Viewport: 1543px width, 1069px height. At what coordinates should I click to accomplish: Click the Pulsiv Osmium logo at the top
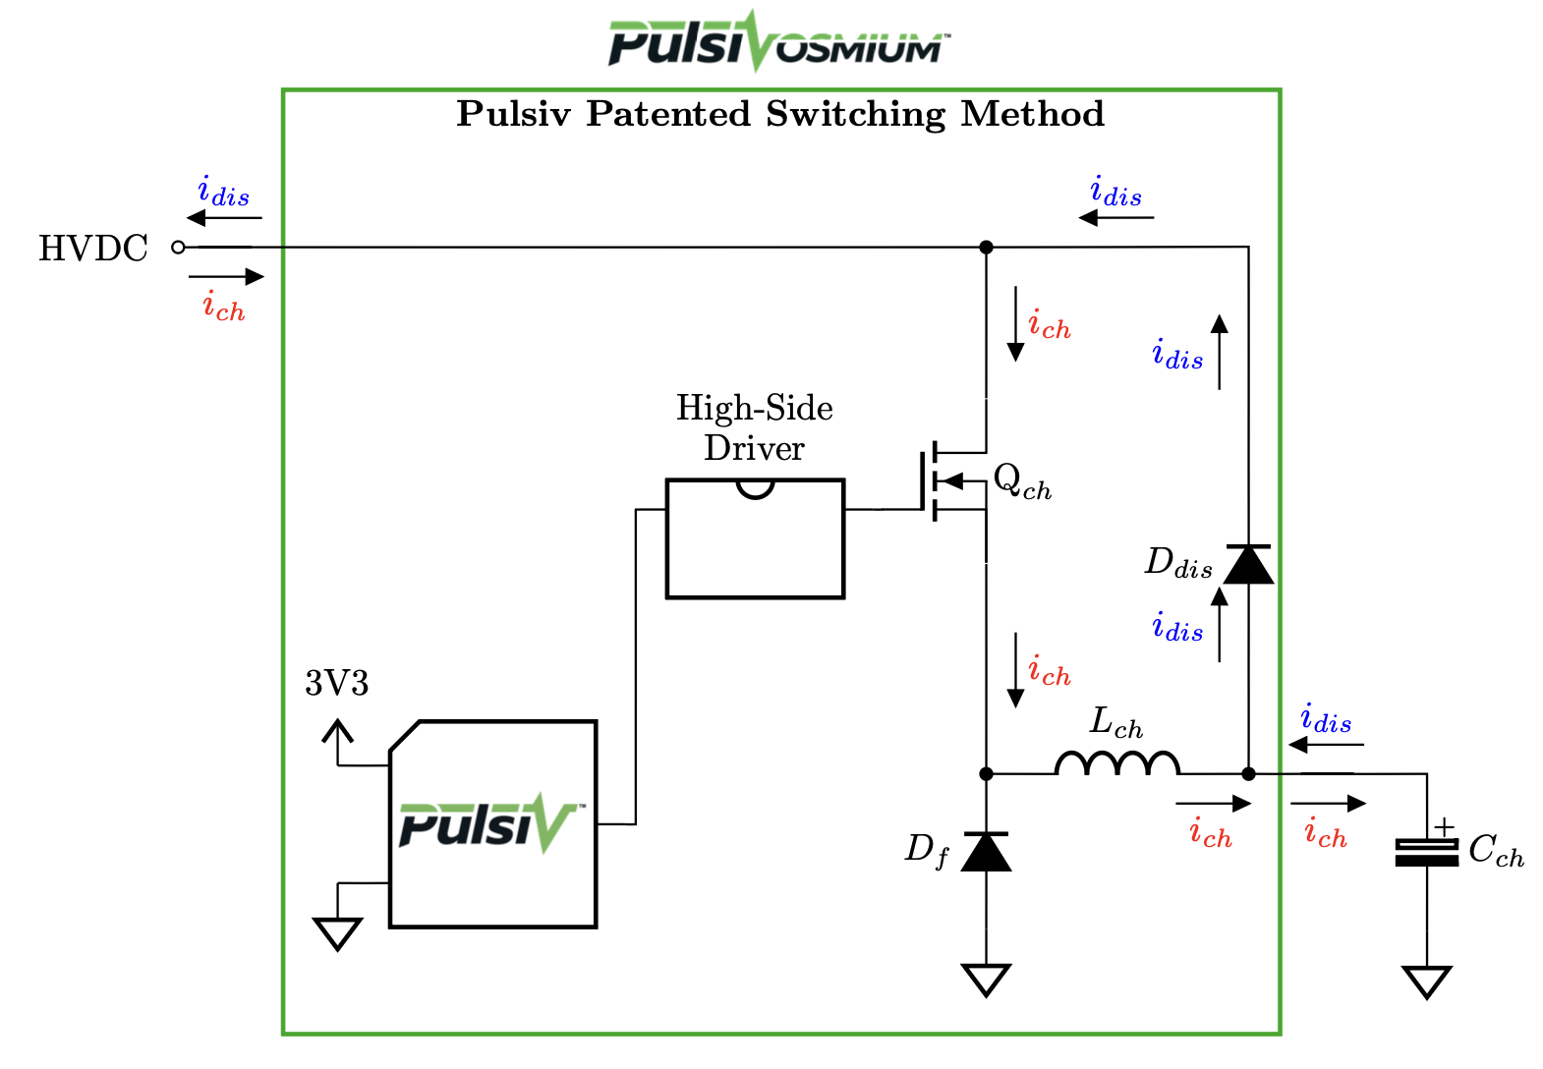point(777,42)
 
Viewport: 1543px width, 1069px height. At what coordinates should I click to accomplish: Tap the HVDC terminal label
point(93,249)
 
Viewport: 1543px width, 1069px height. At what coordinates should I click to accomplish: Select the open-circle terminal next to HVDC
point(178,248)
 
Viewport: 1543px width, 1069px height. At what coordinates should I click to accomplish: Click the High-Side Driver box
point(755,538)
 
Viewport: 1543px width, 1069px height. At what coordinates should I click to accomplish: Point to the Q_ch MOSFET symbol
point(943,481)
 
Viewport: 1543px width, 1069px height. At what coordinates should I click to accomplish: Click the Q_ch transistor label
point(1022,481)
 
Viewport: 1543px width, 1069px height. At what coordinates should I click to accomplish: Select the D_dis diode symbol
point(1248,565)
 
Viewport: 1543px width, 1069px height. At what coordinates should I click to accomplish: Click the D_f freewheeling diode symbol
point(986,851)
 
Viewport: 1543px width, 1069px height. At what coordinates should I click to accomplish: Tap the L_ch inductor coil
point(1117,763)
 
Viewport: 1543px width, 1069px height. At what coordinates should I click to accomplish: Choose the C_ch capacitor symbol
point(1427,852)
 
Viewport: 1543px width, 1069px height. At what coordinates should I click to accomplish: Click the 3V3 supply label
point(337,683)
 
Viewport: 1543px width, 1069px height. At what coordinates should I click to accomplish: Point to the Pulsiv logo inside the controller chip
point(490,822)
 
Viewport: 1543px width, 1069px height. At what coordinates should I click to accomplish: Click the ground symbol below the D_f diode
point(986,979)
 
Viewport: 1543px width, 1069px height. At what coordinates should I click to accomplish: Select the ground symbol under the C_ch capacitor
point(1427,981)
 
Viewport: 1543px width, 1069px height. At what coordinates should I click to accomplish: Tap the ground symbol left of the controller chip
point(337,933)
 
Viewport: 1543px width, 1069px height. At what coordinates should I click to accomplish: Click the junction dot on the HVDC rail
point(987,248)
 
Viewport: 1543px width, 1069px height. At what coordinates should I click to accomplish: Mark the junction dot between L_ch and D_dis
point(1248,774)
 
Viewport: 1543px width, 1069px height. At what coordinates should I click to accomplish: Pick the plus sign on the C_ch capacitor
point(1443,827)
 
